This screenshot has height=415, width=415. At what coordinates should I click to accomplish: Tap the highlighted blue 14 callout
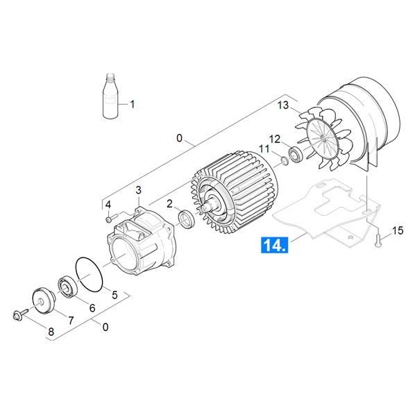[x=274, y=244]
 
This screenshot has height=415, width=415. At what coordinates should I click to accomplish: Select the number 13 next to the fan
[x=283, y=105]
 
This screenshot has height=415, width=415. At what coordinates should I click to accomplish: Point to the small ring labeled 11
[x=285, y=160]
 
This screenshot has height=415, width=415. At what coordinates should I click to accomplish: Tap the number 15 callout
[x=398, y=230]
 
